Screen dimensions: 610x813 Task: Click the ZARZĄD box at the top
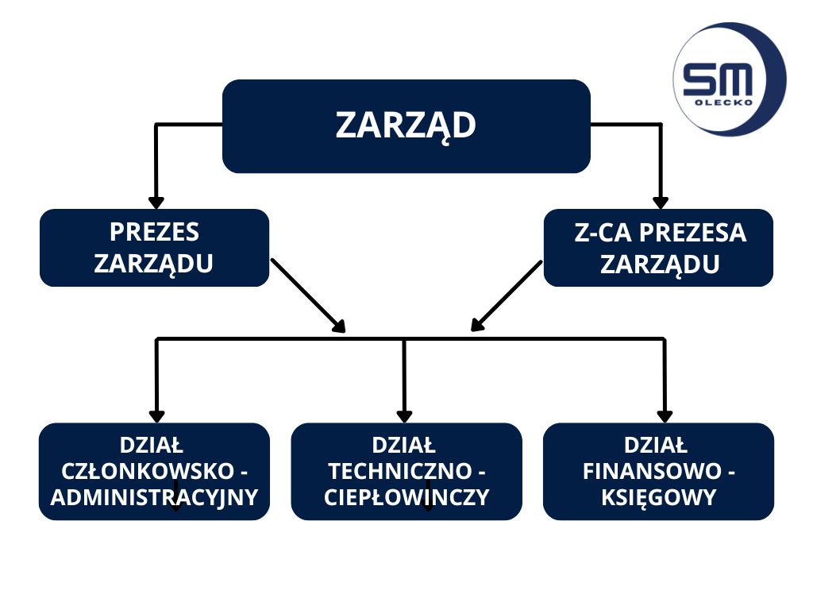406,126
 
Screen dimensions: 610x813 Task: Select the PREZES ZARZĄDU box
154,248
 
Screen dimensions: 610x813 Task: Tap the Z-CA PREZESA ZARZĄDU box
658,248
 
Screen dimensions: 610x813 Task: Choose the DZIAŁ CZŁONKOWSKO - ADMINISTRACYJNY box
154,472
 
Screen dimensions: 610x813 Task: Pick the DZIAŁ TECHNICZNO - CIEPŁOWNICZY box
406,472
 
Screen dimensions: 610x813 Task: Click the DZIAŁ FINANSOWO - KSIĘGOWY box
658,472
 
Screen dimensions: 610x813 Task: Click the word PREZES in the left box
154,233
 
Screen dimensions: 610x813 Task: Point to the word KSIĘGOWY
659,498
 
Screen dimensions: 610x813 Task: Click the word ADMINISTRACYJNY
154,498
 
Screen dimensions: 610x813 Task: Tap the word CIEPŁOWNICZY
406,498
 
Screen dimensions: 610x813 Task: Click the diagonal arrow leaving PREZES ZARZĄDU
308,295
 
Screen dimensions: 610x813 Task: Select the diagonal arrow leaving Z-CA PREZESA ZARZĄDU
507,295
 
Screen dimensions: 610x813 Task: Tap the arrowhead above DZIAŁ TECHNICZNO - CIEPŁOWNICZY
404,415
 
